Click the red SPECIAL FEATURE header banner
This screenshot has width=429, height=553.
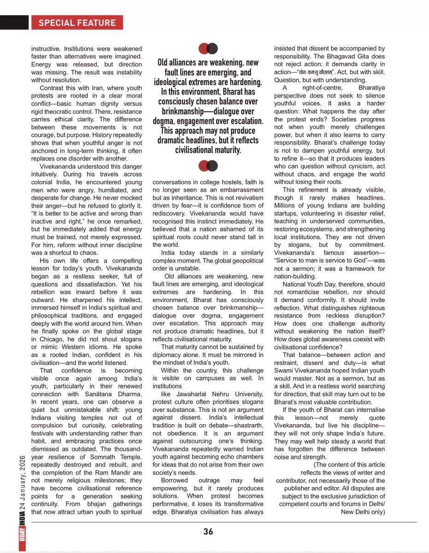tap(77, 23)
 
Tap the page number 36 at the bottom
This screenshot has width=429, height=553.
tap(208, 532)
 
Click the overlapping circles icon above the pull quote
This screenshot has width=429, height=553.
tap(208, 48)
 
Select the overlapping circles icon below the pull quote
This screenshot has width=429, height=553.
tap(208, 166)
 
